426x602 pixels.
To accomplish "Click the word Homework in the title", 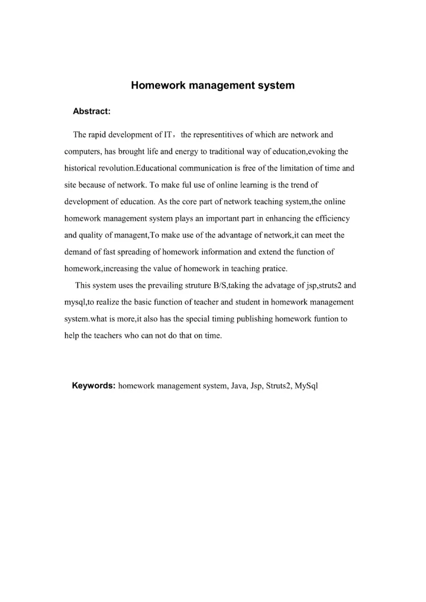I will click(x=154, y=85).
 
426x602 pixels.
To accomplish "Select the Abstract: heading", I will click(x=92, y=111).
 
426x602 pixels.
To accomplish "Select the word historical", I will click(x=82, y=168).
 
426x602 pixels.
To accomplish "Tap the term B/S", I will click(x=220, y=285).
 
